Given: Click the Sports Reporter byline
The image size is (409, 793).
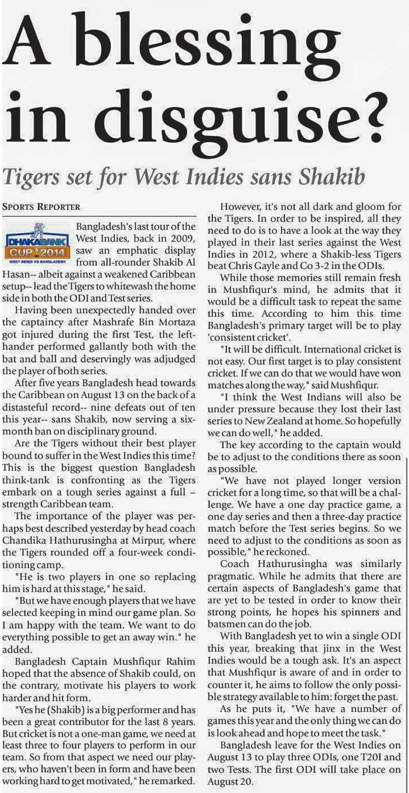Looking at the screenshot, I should tap(41, 207).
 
